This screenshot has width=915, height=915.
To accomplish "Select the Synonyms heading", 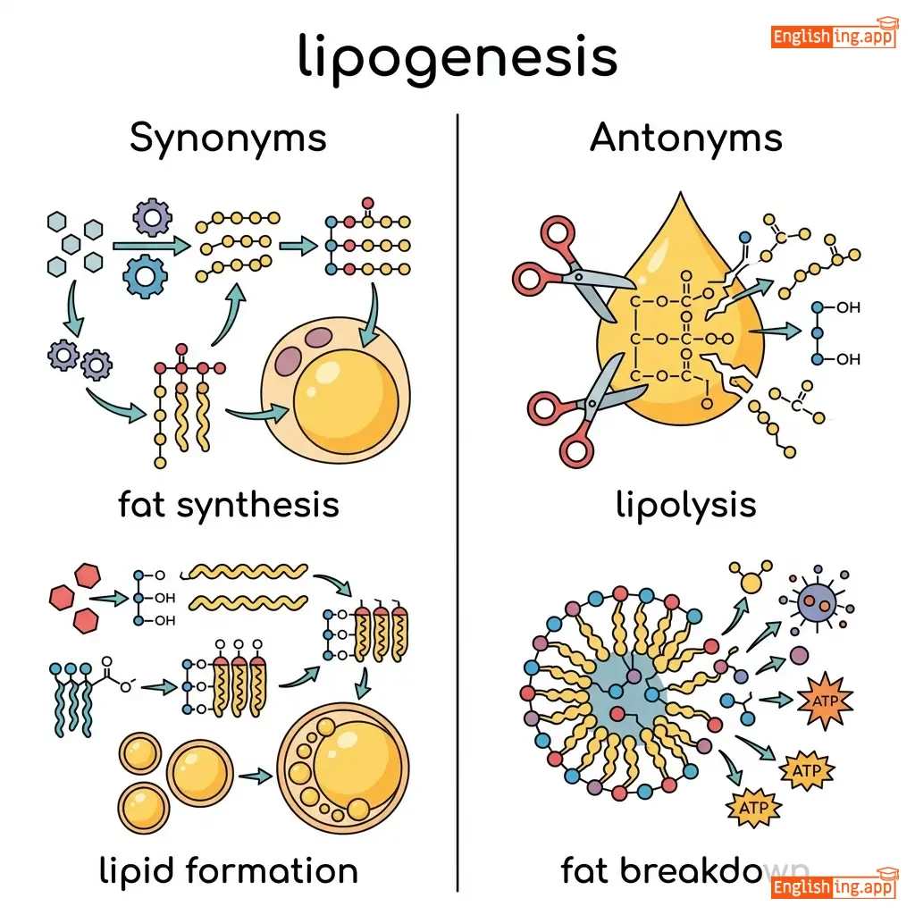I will click(228, 139).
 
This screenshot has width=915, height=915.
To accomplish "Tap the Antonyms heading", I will click(685, 139).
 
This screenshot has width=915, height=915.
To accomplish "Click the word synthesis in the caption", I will click(257, 505).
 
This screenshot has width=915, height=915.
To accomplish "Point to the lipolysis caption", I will click(685, 505).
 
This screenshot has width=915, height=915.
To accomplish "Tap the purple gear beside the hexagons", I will click(151, 217).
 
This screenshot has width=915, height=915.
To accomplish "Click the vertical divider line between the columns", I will click(457, 500).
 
